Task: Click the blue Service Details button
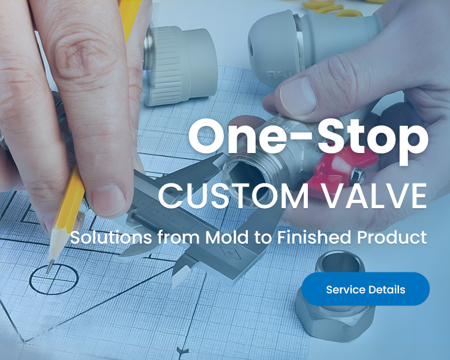pos(365,289)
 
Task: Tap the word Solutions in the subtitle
pos(111,238)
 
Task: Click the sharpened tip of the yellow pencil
pos(49,270)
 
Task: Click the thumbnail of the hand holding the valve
pos(298,95)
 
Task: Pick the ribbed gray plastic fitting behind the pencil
pos(179,65)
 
